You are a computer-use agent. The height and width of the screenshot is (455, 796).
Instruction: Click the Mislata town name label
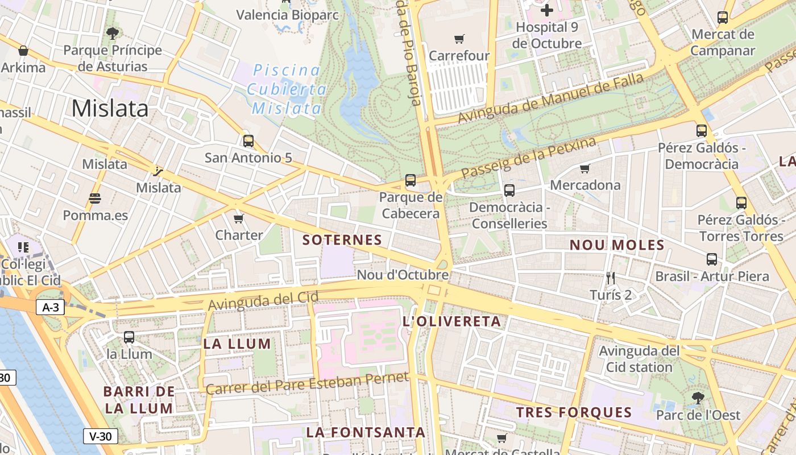110,108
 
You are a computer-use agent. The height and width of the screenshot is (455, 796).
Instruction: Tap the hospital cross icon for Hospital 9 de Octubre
547,10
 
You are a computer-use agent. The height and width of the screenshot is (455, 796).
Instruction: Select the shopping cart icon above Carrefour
459,39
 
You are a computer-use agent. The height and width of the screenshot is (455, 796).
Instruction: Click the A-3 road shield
51,308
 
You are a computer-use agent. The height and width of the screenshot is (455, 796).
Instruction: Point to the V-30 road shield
101,436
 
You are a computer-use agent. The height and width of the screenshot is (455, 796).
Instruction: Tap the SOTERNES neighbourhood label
342,240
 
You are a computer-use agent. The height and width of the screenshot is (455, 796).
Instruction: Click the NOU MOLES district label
617,245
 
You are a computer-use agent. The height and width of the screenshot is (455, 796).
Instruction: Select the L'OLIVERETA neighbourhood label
451,321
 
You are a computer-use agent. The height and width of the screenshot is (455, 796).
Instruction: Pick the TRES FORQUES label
574,412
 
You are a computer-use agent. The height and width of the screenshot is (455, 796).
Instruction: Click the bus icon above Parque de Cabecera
411,181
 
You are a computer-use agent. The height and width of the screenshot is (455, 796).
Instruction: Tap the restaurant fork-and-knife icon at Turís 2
611,278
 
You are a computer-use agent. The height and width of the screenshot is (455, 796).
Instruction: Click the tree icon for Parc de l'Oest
698,398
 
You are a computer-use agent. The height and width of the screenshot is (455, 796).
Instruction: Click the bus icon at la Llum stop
129,337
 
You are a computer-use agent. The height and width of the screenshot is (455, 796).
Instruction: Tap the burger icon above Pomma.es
95,198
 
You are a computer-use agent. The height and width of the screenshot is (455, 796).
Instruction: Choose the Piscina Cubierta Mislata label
287,89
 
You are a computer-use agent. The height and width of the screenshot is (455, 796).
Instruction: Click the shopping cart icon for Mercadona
584,168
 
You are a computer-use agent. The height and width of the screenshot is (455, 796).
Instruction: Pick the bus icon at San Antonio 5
248,140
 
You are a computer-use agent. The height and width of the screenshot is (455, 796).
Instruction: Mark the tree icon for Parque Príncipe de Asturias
113,33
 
